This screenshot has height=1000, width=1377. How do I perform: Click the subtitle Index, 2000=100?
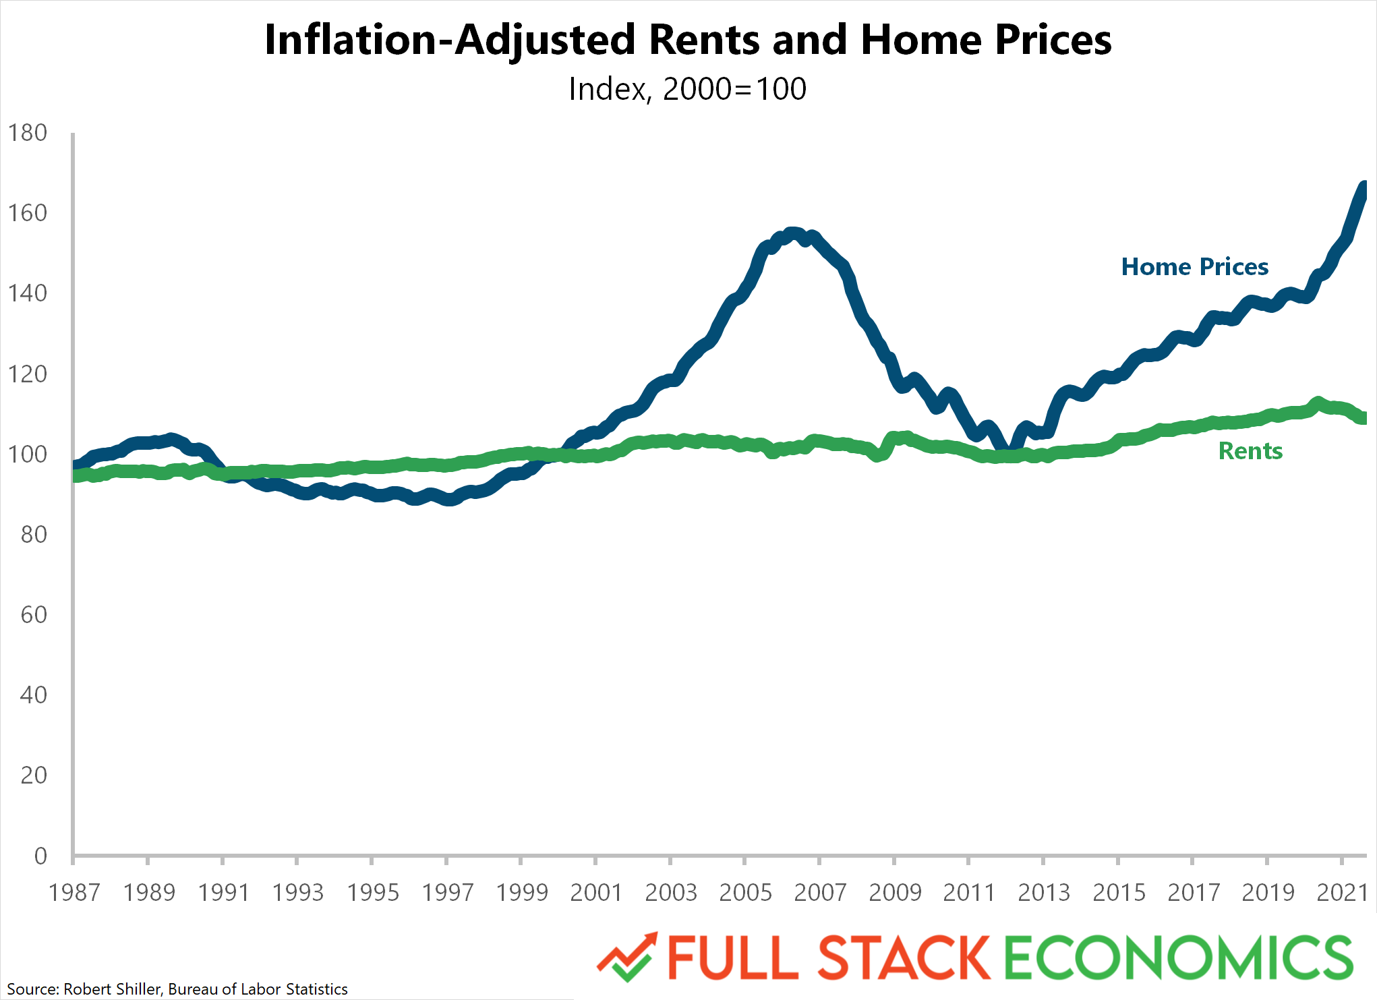click(x=687, y=89)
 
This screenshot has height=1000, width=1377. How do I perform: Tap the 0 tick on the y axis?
click(x=40, y=856)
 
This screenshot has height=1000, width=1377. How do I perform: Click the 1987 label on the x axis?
click(x=74, y=893)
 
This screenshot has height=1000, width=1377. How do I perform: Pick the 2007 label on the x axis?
click(x=820, y=893)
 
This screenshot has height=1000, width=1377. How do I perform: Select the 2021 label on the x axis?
click(x=1342, y=893)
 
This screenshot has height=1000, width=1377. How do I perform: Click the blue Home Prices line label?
click(x=1194, y=267)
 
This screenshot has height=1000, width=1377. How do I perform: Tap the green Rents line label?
click(x=1250, y=451)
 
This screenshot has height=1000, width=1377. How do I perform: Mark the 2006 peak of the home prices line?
click(x=793, y=233)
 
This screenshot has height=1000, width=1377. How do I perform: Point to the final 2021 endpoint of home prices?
click(x=1363, y=187)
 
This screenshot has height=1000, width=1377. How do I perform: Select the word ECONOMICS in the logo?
click(x=1179, y=958)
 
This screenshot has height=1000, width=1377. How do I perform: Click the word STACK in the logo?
click(x=904, y=958)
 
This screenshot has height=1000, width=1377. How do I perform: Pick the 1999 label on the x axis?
click(x=521, y=893)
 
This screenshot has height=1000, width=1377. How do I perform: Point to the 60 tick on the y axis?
click(x=34, y=615)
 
